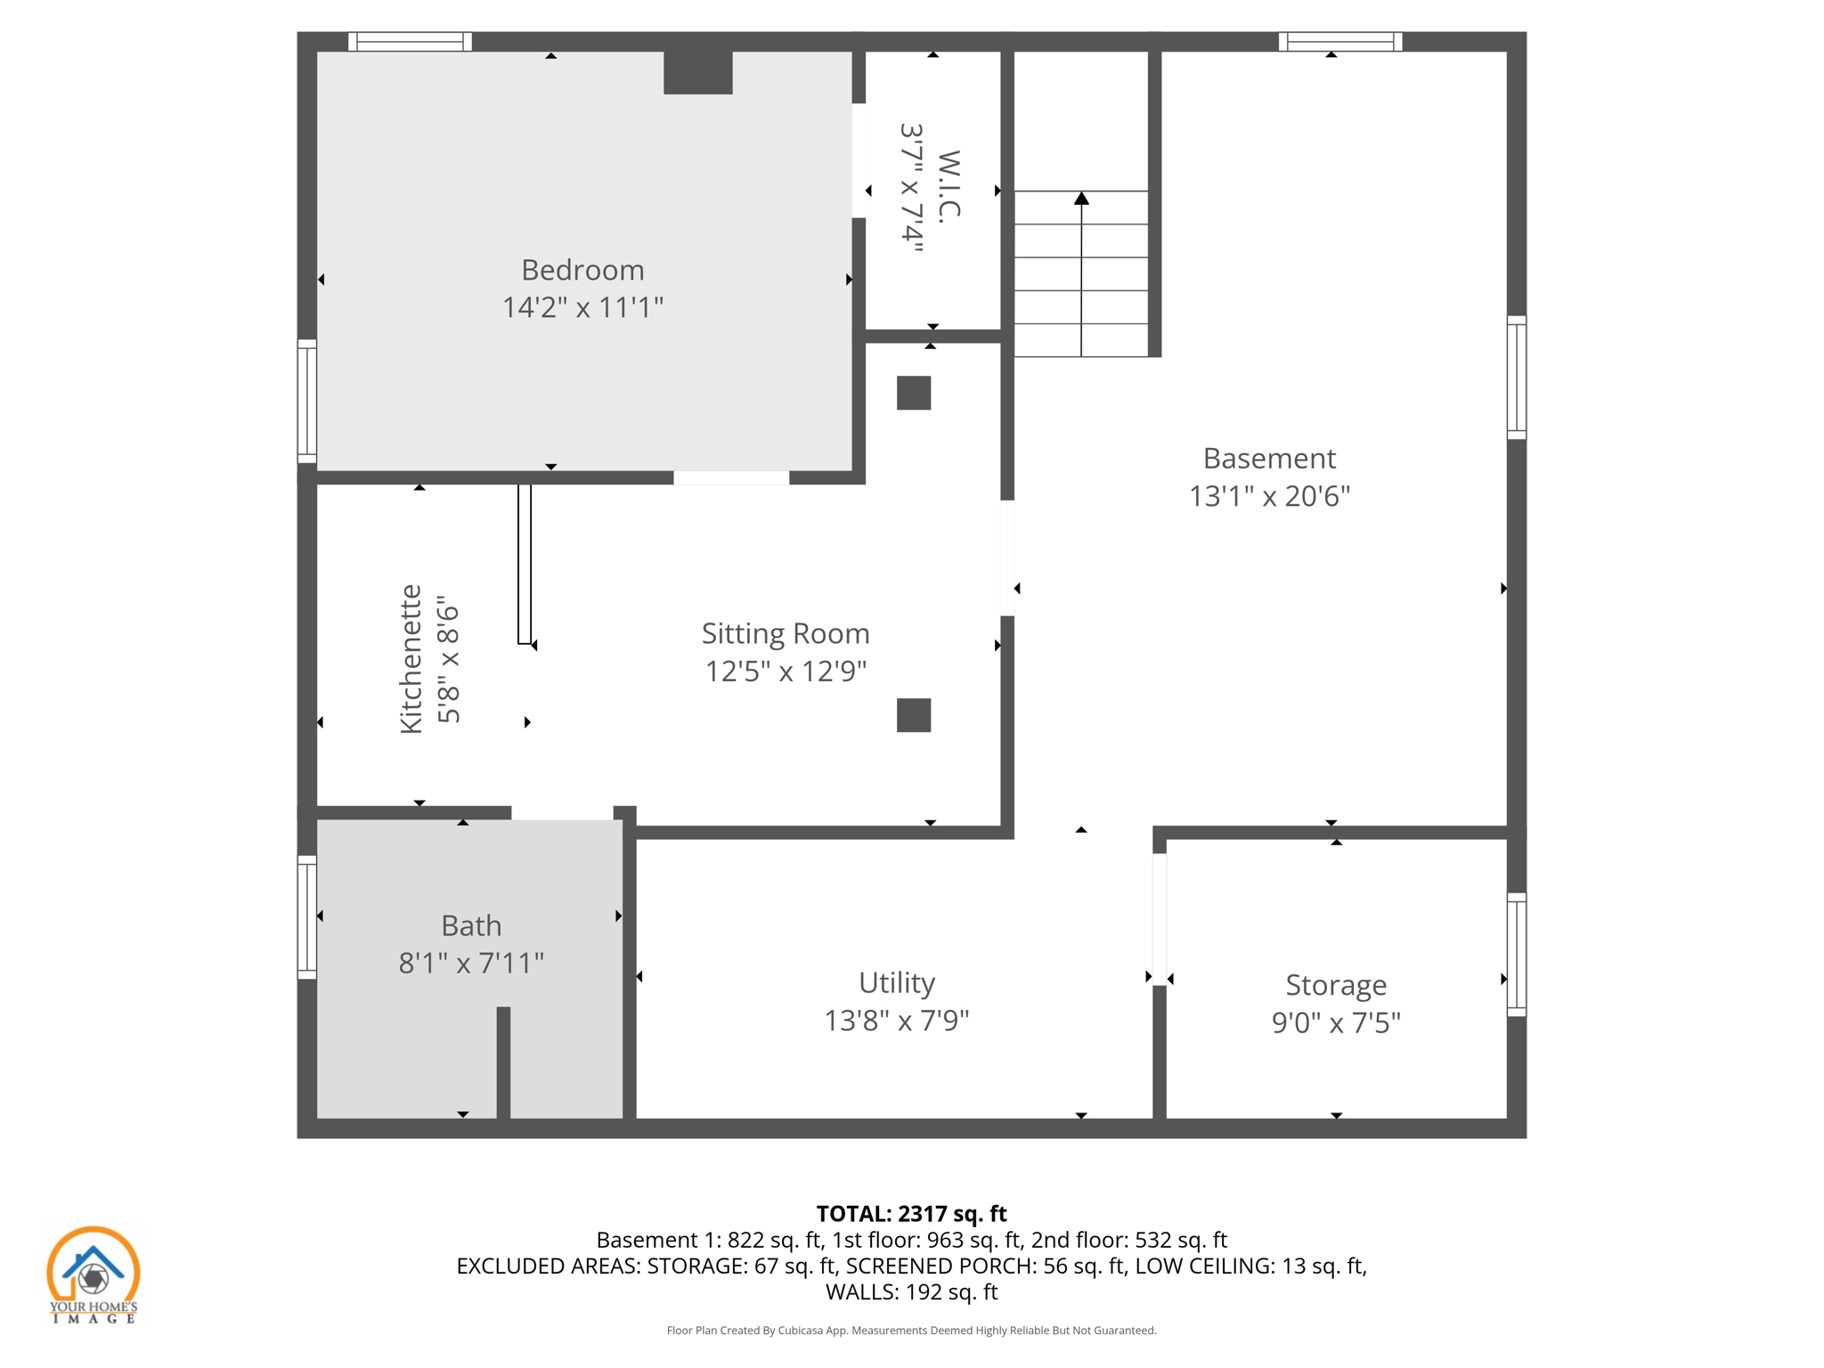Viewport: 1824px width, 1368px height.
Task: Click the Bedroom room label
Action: point(582,270)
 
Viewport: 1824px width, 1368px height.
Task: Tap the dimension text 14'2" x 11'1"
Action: point(582,307)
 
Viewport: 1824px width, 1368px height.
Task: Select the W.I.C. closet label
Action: point(949,186)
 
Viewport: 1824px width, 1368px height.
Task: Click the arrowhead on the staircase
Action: point(1081,198)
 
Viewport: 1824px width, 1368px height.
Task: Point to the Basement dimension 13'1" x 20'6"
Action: point(1269,496)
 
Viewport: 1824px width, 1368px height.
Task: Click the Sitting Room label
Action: point(786,633)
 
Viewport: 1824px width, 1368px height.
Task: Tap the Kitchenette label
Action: point(411,659)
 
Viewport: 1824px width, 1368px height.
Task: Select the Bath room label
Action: point(471,925)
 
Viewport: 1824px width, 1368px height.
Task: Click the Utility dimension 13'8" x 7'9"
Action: point(896,1021)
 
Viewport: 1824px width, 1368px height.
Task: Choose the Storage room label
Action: point(1336,985)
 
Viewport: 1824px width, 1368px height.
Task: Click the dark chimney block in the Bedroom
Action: point(698,72)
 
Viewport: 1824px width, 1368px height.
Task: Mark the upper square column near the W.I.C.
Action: point(914,393)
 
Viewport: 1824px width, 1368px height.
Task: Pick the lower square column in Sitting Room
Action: point(914,715)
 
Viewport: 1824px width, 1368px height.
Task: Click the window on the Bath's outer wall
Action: point(306,917)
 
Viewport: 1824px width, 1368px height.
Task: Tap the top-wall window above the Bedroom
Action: point(410,41)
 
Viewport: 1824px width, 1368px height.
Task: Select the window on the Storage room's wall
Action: point(1517,954)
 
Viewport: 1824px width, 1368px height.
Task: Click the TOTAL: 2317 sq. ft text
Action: point(911,1214)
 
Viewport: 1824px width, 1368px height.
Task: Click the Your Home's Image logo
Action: point(93,1274)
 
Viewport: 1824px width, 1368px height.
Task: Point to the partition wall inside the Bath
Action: point(503,1062)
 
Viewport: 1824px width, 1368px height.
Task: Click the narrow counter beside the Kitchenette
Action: point(525,564)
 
